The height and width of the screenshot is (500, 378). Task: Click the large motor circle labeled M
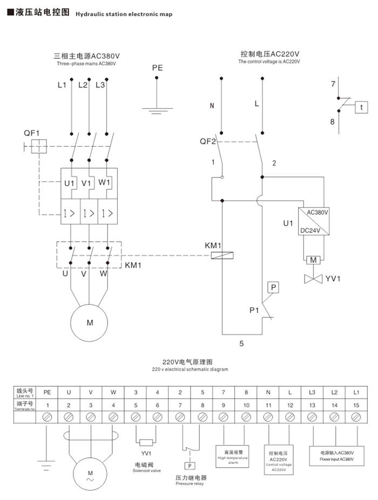(x=90, y=322)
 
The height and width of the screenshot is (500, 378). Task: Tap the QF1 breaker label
(x=32, y=133)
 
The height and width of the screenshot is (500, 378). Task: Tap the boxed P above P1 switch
(x=273, y=287)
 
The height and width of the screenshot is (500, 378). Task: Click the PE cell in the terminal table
(x=47, y=392)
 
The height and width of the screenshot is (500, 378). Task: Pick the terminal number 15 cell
(x=355, y=405)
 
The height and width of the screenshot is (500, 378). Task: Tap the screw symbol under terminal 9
(x=224, y=416)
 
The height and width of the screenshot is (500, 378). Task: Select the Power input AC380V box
(x=337, y=455)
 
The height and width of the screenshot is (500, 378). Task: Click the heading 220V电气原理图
(x=188, y=362)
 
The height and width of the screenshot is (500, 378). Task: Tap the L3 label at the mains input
(x=100, y=85)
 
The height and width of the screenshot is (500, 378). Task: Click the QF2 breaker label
(x=208, y=142)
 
